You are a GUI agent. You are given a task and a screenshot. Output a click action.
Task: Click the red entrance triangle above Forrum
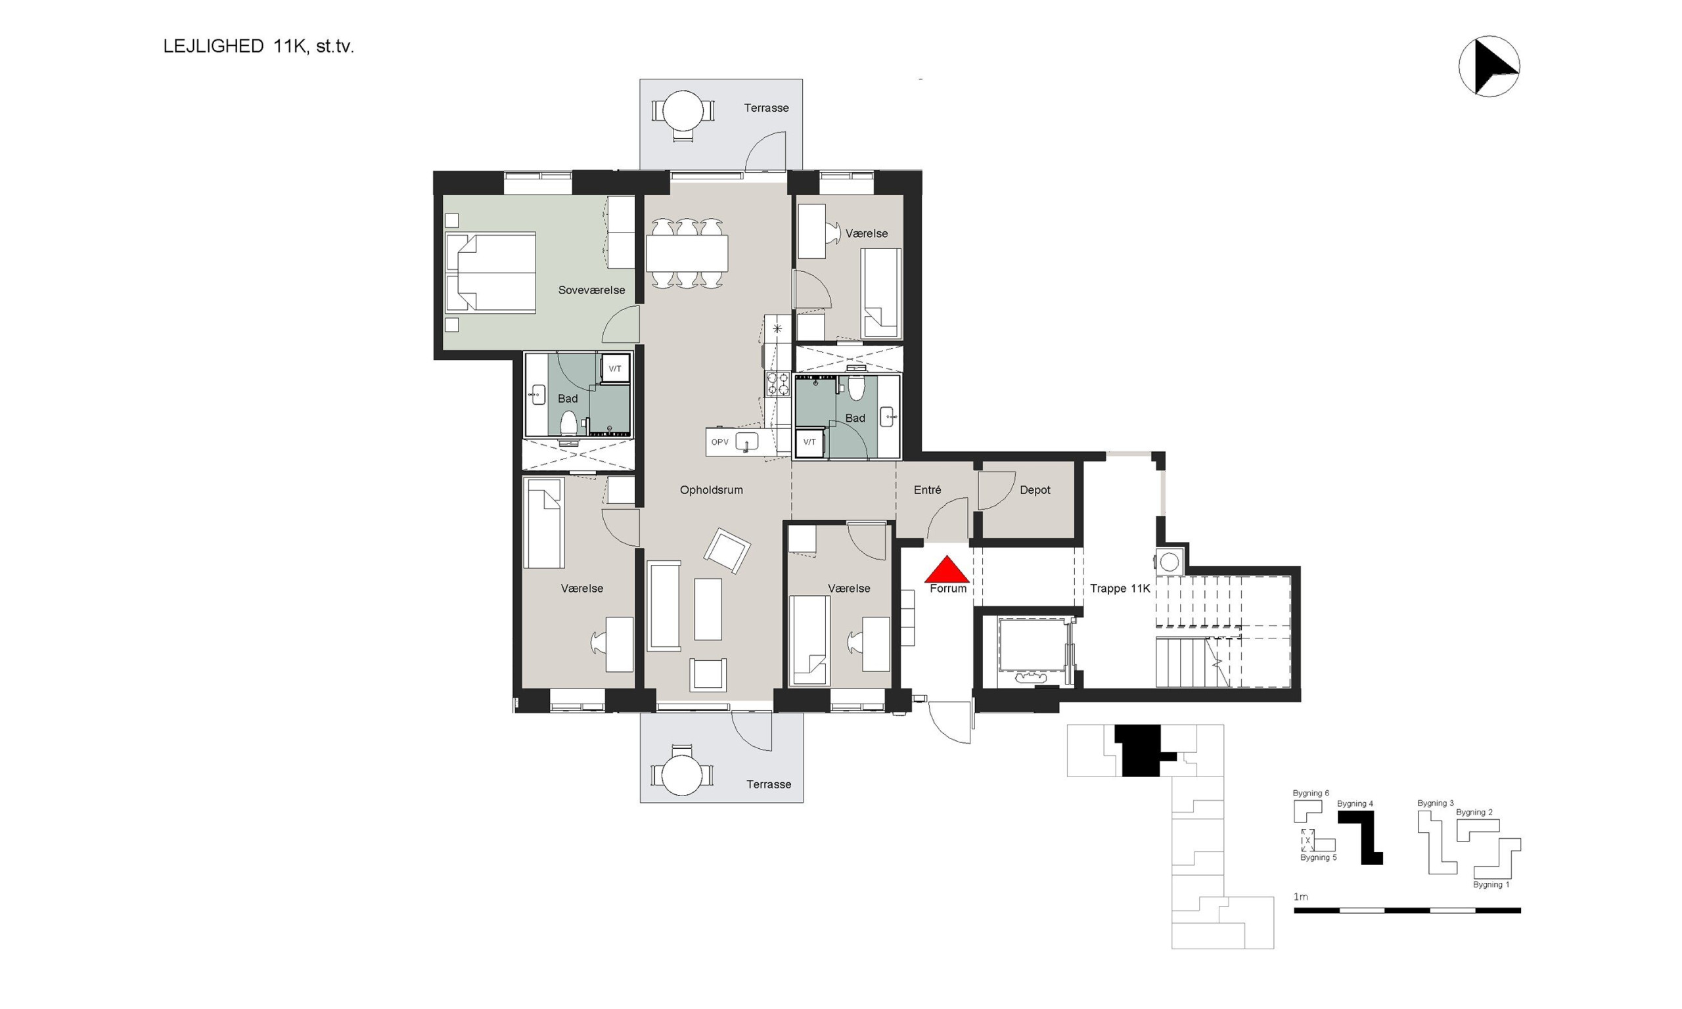[x=946, y=570]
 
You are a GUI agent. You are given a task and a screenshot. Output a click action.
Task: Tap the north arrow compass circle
[x=1489, y=66]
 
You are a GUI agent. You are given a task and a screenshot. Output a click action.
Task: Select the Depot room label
[x=1035, y=489]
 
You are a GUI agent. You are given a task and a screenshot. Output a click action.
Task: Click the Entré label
[x=927, y=489]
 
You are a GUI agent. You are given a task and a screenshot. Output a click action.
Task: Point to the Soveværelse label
[x=591, y=290]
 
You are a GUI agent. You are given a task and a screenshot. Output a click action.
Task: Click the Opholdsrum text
[x=711, y=489]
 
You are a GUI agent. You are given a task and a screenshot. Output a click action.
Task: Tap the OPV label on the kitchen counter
[x=719, y=442]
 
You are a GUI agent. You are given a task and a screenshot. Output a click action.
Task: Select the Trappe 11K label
[x=1120, y=588]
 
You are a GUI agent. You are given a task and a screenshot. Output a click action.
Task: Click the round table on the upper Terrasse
[x=683, y=111]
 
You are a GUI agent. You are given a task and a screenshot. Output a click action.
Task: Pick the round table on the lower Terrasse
[x=682, y=775]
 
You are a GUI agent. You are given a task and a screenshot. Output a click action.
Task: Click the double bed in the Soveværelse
[x=490, y=273]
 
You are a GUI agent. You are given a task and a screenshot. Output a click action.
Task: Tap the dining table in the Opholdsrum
[x=687, y=253]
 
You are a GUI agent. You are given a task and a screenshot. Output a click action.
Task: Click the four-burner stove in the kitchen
[x=778, y=384]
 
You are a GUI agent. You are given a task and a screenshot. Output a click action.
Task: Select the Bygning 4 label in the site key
[x=1354, y=803]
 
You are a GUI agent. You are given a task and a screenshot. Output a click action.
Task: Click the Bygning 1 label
[x=1491, y=885]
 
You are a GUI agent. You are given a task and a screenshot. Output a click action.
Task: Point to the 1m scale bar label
[x=1300, y=897]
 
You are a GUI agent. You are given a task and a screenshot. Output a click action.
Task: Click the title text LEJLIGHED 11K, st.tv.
[x=258, y=46]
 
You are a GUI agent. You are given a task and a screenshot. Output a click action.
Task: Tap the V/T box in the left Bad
[x=614, y=369]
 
